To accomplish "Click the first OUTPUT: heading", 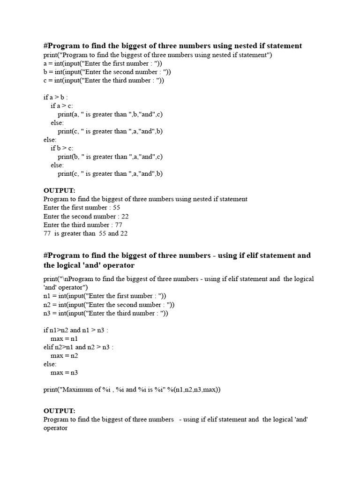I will (59, 190).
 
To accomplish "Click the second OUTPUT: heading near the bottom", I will (59, 411).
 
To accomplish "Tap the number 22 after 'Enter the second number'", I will (125, 216).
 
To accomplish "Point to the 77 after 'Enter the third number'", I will (118, 225).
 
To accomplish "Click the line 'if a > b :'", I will (56, 97).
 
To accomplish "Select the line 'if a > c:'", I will (62, 106).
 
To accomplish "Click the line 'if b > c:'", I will (62, 148).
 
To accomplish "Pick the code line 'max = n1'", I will (64, 338).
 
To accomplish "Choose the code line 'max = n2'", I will (64, 355).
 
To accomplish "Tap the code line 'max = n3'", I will (64, 372).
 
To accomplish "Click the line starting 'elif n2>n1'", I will (78, 347).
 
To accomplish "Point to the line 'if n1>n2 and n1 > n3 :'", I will (75, 330).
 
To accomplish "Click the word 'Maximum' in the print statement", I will (77, 390).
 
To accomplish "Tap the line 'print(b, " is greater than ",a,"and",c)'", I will (110, 157).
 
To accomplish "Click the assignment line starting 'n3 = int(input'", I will (105, 313).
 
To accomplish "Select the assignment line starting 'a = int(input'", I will (103, 63).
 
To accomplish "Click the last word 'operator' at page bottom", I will (55, 428).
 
